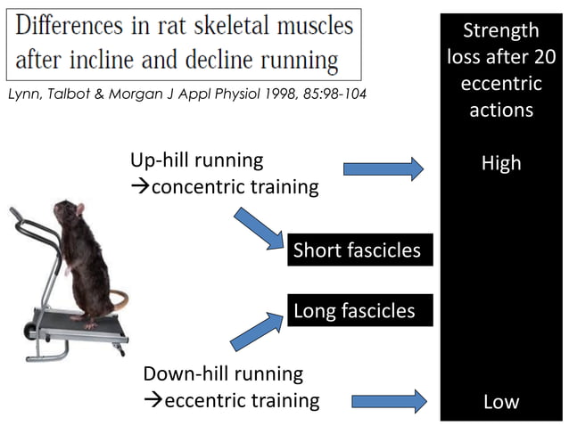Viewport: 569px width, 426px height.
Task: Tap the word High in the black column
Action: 500,164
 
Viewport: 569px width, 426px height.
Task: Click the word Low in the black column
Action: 500,402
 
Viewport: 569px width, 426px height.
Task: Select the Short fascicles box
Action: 357,250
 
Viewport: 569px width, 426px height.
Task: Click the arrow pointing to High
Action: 383,168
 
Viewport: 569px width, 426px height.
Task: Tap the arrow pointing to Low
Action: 389,402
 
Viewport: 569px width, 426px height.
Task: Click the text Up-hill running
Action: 196,160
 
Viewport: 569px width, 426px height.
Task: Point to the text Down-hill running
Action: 223,373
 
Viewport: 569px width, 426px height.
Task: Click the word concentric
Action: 235,187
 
